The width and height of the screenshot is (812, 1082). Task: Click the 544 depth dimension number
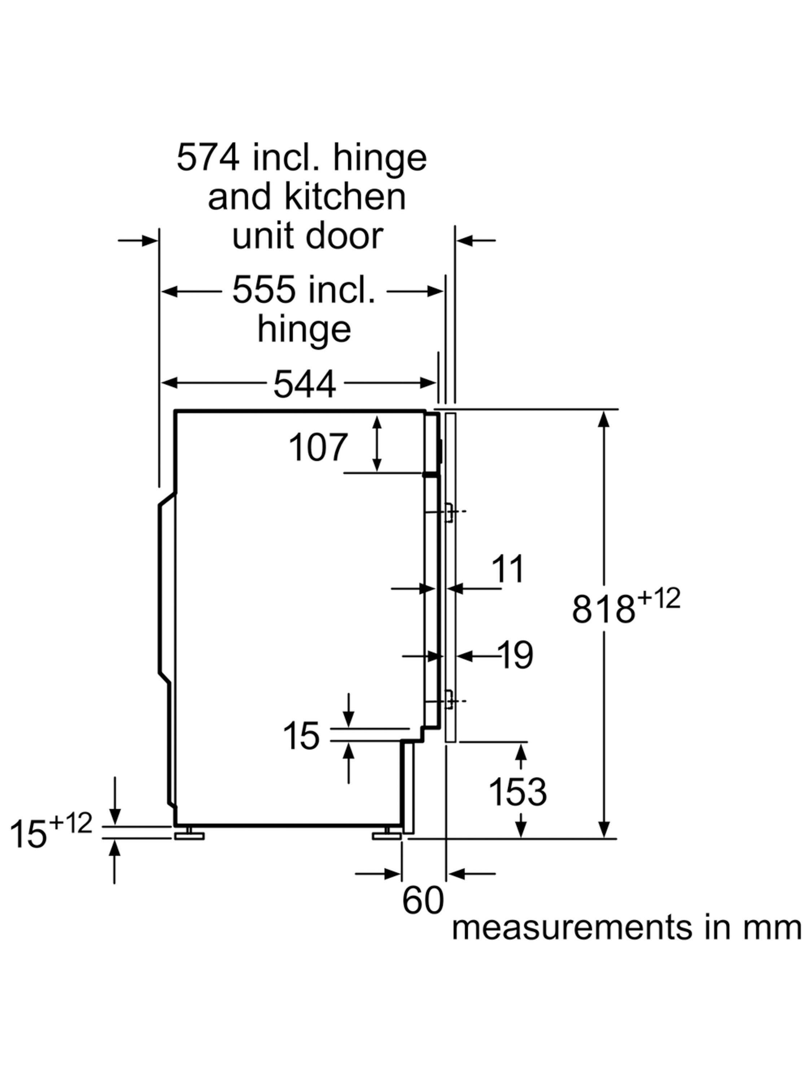305,384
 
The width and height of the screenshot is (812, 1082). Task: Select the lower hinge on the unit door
448,701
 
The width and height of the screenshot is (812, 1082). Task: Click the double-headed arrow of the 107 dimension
376,444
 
